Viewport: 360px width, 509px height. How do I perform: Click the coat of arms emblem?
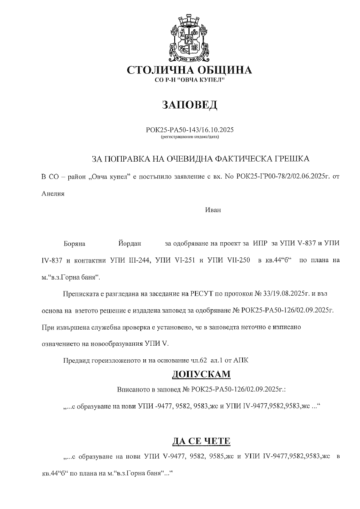click(x=189, y=38)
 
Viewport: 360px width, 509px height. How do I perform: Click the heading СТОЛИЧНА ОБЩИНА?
click(x=189, y=70)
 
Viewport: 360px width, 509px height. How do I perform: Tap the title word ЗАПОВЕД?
click(x=189, y=104)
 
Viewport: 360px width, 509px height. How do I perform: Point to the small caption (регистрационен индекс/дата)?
click(x=189, y=137)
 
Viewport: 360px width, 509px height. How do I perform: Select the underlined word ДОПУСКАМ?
click(x=201, y=374)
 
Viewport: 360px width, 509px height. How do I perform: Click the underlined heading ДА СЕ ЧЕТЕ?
click(x=201, y=441)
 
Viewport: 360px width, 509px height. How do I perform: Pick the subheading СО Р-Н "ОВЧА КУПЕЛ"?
click(x=189, y=81)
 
